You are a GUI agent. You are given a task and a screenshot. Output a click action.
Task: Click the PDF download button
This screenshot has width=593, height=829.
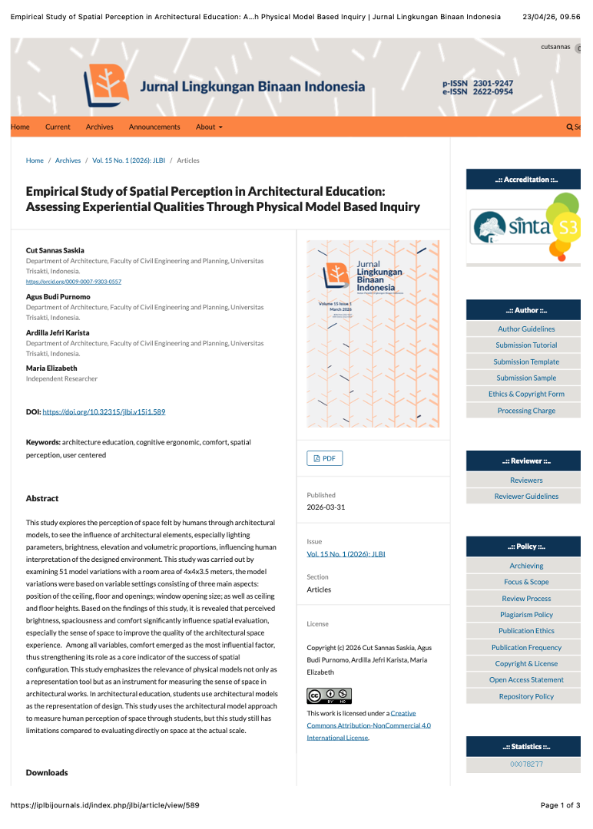(324, 458)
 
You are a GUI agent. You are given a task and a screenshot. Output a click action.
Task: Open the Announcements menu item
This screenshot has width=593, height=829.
(154, 127)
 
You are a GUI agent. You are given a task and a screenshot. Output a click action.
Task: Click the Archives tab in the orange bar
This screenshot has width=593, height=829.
(99, 127)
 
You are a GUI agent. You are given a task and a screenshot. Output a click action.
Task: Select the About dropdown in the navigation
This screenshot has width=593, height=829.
(209, 127)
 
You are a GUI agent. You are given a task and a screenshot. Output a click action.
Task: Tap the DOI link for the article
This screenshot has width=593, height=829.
(104, 411)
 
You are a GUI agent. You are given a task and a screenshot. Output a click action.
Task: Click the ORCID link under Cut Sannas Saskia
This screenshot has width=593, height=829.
(74, 282)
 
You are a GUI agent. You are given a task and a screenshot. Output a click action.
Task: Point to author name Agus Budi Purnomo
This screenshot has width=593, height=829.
(58, 296)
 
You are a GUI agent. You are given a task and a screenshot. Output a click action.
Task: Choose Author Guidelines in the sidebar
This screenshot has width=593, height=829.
(526, 329)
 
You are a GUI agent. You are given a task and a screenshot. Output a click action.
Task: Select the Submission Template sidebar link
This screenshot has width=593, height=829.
(526, 362)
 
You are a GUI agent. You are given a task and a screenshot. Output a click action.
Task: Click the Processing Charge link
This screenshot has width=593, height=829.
(526, 411)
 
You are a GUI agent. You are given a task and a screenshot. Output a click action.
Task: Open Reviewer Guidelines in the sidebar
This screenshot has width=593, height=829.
(526, 496)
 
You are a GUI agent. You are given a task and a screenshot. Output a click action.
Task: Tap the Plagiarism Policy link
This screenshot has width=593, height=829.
(526, 614)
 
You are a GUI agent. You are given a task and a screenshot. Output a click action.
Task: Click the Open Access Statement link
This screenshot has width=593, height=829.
(526, 679)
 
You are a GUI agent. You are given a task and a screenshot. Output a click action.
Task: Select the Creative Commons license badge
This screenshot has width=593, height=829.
(329, 695)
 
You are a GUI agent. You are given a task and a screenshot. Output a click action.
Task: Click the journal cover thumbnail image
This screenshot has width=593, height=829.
(373, 334)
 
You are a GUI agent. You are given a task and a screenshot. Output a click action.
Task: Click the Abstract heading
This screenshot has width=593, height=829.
(42, 498)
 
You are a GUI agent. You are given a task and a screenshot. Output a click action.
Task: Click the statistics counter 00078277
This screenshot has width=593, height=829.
(526, 764)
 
